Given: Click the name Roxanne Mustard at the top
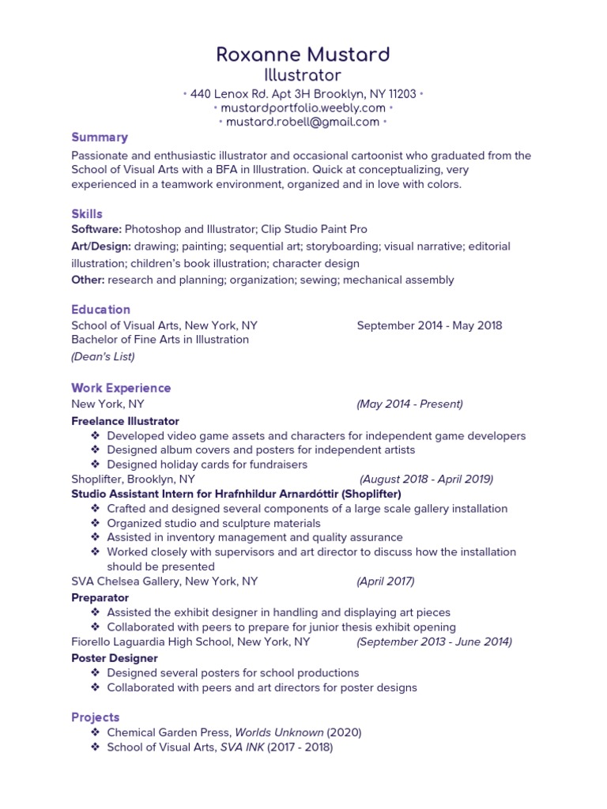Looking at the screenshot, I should [x=303, y=55].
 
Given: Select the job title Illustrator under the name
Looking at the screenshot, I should [x=303, y=75].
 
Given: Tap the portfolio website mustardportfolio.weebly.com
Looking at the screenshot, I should [x=303, y=107].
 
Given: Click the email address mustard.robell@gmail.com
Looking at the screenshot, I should [x=303, y=122].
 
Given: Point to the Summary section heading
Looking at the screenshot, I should [x=100, y=137].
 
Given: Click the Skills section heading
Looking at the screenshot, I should [x=87, y=214].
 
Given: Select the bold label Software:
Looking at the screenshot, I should [x=96, y=229].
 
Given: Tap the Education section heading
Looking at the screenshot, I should [x=101, y=310].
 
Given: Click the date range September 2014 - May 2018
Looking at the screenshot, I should [x=429, y=325].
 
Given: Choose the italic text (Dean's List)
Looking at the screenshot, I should [x=103, y=356].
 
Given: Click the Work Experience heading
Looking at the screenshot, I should [x=121, y=388].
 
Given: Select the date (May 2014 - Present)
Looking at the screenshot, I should [x=409, y=404].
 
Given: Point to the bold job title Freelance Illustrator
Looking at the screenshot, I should [x=126, y=421].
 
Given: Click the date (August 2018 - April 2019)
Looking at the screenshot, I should [x=427, y=479].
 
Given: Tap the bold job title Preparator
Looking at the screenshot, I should [x=100, y=598].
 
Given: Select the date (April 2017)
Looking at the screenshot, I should [x=385, y=581].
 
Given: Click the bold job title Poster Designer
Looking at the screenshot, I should [x=115, y=658].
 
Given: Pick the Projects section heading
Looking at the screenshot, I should [x=96, y=717].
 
